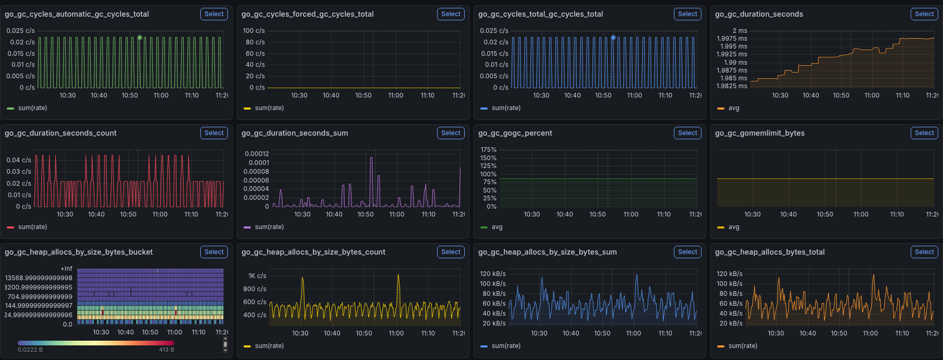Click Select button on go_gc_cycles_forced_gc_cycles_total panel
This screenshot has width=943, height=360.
click(451, 14)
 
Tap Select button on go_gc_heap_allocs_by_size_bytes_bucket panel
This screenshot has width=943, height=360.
click(214, 252)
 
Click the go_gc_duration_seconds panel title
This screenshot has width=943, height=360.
click(759, 14)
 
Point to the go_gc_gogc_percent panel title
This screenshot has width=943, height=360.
click(515, 133)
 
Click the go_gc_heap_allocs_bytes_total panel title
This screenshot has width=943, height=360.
click(770, 252)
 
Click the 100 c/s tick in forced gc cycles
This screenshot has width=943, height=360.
click(254, 31)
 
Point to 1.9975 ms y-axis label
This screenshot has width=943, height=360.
click(732, 39)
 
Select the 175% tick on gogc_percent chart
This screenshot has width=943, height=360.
click(489, 150)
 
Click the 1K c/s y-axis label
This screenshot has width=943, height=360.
click(257, 276)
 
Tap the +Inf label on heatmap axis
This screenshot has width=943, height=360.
click(66, 269)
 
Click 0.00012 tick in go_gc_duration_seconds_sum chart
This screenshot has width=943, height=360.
click(257, 154)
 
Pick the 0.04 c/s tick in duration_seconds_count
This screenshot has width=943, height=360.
click(19, 160)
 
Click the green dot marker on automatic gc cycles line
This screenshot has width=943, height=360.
click(140, 38)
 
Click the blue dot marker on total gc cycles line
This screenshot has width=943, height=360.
click(613, 38)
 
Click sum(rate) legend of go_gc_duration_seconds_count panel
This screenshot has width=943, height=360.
click(27, 227)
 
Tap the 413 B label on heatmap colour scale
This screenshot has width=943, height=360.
click(166, 350)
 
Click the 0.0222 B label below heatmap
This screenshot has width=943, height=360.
click(30, 350)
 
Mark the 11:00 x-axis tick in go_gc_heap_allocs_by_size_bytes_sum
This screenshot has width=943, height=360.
click(634, 333)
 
